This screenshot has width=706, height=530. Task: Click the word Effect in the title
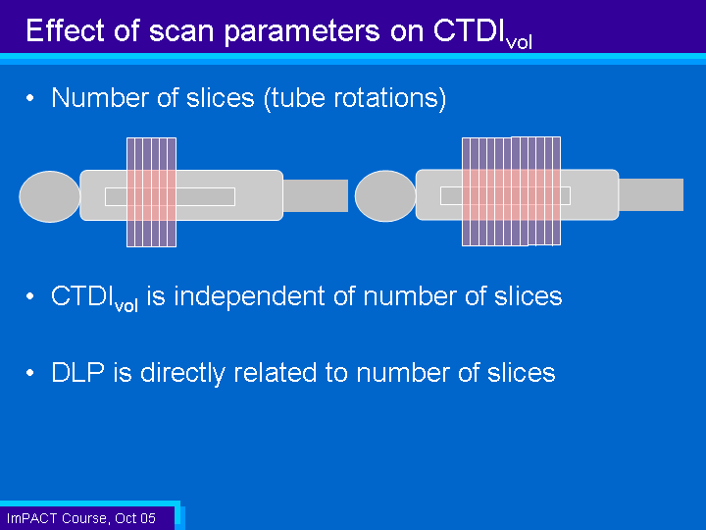tap(66, 30)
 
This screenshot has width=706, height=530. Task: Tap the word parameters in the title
tap(302, 32)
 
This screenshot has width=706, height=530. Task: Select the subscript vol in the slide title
tap(519, 43)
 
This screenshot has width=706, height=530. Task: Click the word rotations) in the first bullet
tap(390, 98)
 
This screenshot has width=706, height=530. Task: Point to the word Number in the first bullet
tap(100, 97)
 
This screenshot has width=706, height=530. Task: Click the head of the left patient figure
tap(50, 196)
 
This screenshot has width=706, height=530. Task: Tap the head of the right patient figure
tap(385, 196)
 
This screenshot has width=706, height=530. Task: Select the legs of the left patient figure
tap(316, 195)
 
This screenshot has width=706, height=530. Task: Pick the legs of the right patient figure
tap(651, 194)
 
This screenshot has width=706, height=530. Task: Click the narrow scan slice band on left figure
tap(151, 192)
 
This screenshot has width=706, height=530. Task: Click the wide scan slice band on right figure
tap(512, 191)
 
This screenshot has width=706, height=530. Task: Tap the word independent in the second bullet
tap(249, 297)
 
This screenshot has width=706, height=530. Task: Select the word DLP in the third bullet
tap(77, 373)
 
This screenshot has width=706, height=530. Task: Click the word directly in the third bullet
tap(183, 374)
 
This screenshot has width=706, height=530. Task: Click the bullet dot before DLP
tap(30, 373)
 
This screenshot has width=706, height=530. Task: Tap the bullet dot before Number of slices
tap(30, 98)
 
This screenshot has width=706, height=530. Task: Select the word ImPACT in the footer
tap(32, 518)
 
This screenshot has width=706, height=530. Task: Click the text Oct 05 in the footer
tap(135, 519)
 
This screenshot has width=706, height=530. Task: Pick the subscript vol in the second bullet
tap(126, 306)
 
